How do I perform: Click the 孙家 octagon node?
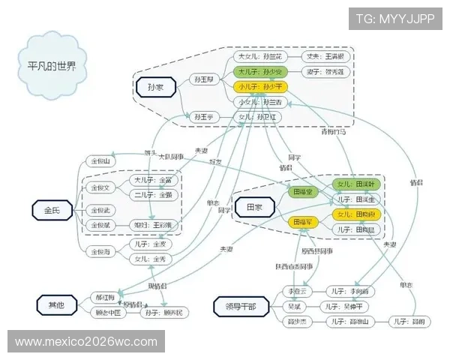pos(156,88)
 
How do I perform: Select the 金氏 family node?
pos(52,210)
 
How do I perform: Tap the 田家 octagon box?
pos(248,206)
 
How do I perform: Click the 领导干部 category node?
pos(239,305)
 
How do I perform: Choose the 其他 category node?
pos(56,304)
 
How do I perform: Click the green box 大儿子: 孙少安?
pos(259,72)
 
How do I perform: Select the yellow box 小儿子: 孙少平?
pos(259,87)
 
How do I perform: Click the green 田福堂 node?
pos(303,193)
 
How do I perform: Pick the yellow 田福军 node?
pos(303,222)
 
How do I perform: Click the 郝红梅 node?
pos(106,297)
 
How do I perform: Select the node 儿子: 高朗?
pos(411,321)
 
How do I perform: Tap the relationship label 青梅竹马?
pos(334,132)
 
